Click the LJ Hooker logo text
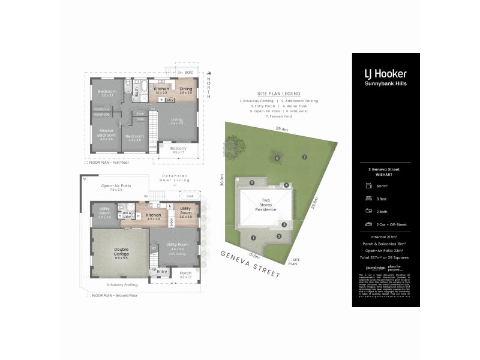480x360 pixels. click(385, 74)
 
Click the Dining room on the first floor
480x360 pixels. click(185, 90)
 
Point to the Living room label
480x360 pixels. click(177, 120)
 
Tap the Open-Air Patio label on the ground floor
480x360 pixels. click(116, 186)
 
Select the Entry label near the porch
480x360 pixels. click(162, 271)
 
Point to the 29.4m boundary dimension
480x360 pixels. click(281, 128)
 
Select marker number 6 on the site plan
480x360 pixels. click(277, 158)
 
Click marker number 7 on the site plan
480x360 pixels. click(304, 157)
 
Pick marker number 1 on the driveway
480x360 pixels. click(254, 238)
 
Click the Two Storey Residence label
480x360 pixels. click(266, 204)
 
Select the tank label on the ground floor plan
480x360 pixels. click(190, 196)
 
